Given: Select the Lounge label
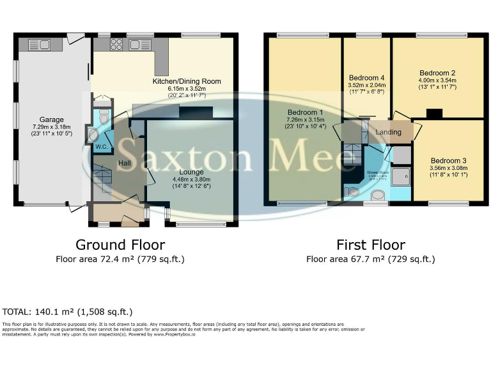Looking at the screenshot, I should (x=192, y=172).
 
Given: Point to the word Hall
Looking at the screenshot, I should (x=125, y=164).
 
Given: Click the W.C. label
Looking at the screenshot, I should (x=101, y=148).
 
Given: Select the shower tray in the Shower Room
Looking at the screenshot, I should (x=403, y=174).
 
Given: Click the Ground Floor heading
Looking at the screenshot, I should (x=120, y=245).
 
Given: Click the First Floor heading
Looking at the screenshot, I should (x=371, y=245).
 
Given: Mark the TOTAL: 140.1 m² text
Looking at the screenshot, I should (x=67, y=312).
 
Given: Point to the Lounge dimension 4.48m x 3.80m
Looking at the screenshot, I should (x=192, y=180).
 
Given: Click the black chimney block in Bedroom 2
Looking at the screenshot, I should (x=433, y=114).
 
